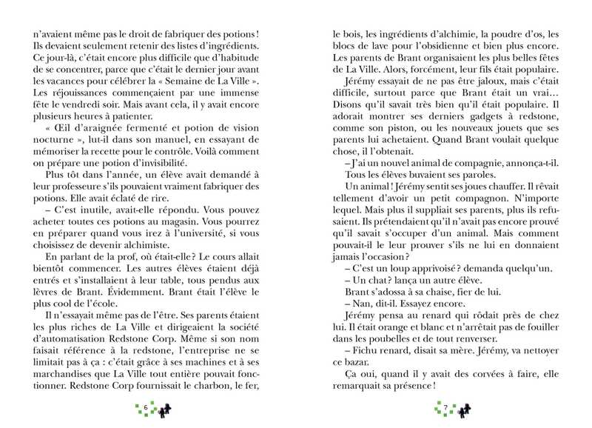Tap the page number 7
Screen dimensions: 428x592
[x=445, y=408]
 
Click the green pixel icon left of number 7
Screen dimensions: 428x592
[x=435, y=408]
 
